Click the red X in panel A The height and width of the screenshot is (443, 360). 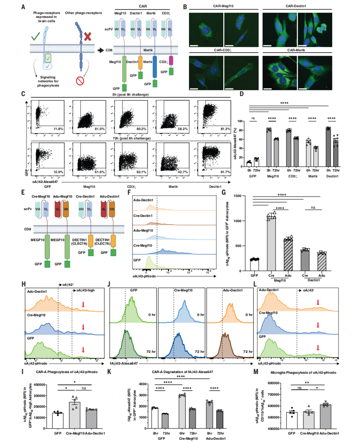[x=87, y=36]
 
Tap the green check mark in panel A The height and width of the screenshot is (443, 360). [x=36, y=36]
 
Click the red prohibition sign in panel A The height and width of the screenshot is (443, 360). [x=80, y=81]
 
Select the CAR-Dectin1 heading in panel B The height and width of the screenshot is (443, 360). [x=296, y=6]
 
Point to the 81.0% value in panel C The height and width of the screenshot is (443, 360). [x=99, y=129]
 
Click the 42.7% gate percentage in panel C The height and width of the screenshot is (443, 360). [x=182, y=172]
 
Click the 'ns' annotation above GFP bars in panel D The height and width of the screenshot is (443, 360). [x=253, y=118]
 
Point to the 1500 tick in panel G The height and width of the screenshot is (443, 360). [x=237, y=196]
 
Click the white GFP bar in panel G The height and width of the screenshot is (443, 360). [x=254, y=265]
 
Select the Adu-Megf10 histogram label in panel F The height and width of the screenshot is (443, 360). [x=143, y=230]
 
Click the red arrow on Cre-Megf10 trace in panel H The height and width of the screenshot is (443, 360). [x=83, y=327]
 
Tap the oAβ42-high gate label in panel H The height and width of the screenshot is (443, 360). [x=85, y=290]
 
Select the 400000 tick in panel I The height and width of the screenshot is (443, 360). [x=39, y=385]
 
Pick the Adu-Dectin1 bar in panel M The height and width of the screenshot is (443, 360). [x=325, y=416]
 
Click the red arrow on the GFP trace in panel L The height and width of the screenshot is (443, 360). [x=318, y=348]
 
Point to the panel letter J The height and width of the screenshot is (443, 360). [x=109, y=284]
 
